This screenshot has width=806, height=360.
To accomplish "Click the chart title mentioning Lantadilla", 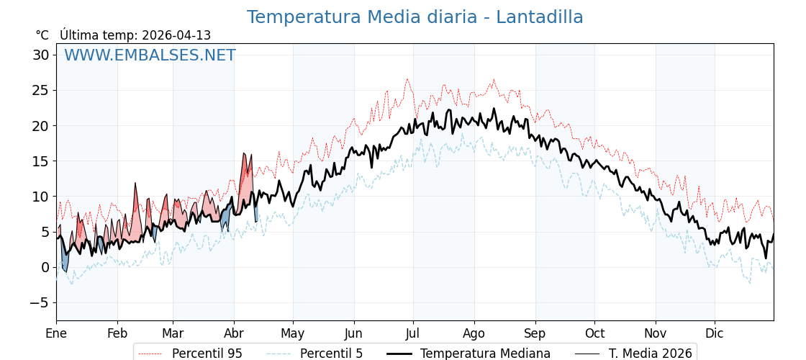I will point(415,17).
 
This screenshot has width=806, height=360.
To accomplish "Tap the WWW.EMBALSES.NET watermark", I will point(150,55).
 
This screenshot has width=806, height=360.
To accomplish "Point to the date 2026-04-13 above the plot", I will point(176,35).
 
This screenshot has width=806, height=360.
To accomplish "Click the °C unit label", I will point(42,35).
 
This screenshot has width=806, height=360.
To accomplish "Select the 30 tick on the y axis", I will point(40,55).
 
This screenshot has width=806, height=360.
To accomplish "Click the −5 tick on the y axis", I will point(39,302).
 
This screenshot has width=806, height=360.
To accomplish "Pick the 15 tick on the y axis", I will point(40,161).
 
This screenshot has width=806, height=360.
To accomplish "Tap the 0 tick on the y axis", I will point(45,267).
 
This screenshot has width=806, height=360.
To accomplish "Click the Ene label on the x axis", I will point(56,333).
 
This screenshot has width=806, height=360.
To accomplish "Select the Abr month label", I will point(234,333).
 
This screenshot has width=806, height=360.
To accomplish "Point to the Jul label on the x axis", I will point(413,333).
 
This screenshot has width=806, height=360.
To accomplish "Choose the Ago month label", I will point(474,333).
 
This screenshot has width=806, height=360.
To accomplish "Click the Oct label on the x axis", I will point(594,333).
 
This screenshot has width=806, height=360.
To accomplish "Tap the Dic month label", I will point(715,333).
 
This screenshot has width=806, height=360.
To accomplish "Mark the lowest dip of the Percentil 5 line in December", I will point(750,283).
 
